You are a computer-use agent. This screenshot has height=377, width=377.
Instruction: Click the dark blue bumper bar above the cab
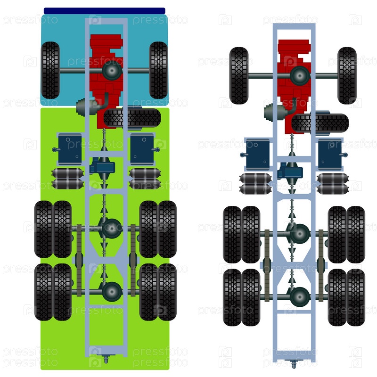pyautogui.click(x=104, y=11)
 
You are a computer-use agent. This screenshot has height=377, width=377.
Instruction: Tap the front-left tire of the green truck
pyautogui.click(x=50, y=70)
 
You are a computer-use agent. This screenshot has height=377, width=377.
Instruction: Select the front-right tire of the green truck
pyautogui.click(x=158, y=70)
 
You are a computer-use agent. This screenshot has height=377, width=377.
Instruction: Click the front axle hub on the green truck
pyautogui.click(x=112, y=70)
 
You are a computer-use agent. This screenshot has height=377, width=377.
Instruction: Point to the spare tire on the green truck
pyautogui.click(x=132, y=118)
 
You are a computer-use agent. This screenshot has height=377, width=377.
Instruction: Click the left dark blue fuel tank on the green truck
pyautogui.click(x=70, y=149)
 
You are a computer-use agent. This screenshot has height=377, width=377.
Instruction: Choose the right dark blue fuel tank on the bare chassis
pyautogui.click(x=329, y=155)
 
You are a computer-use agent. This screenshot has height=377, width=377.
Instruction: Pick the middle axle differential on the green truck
pyautogui.click(x=112, y=229)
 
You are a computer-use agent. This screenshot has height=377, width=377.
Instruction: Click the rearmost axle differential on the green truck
pyautogui.click(x=112, y=292)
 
